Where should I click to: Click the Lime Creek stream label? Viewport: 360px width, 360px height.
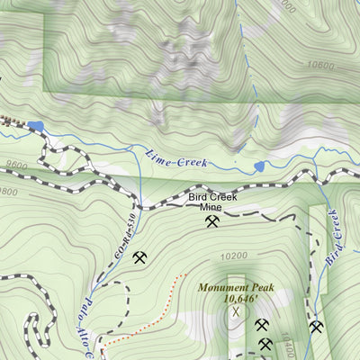click(176, 159)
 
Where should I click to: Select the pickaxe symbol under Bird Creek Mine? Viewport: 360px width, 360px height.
click(212, 220)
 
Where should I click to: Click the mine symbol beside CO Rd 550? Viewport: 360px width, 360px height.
click(139, 258)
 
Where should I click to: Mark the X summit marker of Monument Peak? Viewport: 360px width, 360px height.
click(237, 312)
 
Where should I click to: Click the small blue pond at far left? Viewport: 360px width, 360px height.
click(36, 127)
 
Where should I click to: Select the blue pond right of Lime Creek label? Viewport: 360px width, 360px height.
click(259, 166)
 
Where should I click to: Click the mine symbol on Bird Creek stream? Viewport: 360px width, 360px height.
click(316, 326)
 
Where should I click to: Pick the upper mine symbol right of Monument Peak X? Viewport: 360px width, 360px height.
click(262, 325)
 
